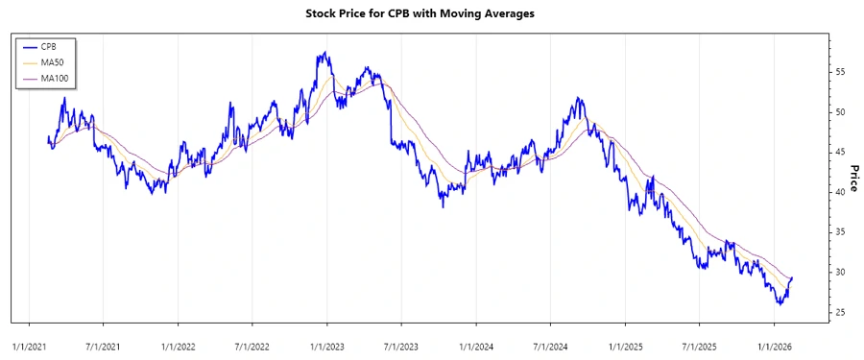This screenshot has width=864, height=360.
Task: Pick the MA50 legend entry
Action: [52, 61]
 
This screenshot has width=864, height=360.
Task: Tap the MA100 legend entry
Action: [54, 77]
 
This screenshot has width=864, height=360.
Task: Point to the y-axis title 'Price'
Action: [852, 177]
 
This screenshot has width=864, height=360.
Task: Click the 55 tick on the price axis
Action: [839, 72]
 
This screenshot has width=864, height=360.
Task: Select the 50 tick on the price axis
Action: [839, 112]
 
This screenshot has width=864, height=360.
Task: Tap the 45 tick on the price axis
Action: [839, 152]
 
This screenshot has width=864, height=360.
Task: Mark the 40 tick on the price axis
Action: [839, 192]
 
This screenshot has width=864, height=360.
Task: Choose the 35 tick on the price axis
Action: [839, 232]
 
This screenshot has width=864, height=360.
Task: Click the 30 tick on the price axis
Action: [839, 273]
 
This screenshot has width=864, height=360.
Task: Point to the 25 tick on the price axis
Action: [839, 313]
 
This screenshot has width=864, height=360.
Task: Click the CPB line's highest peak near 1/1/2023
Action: [325, 53]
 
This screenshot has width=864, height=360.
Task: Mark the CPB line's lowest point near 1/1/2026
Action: [780, 304]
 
